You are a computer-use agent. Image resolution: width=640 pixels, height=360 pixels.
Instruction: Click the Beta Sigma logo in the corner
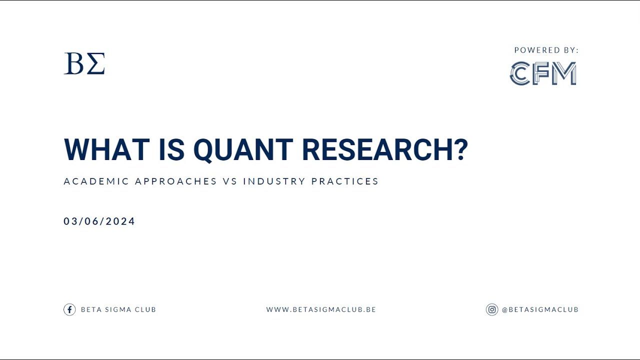tap(84, 64)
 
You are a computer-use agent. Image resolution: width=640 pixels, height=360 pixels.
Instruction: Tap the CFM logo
tap(543, 73)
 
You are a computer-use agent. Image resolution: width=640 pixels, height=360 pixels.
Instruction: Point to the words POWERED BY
tap(546, 50)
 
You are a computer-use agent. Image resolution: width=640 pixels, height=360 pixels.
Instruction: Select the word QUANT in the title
tap(243, 149)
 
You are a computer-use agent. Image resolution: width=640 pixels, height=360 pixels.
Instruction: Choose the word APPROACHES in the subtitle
tap(176, 181)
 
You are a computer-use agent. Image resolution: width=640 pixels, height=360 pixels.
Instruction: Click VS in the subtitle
tap(230, 181)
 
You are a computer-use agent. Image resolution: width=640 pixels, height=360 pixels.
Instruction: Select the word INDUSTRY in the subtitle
tap(274, 181)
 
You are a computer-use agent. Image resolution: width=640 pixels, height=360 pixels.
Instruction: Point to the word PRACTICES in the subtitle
tap(345, 181)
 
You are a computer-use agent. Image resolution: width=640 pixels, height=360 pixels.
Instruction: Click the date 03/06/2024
tap(99, 221)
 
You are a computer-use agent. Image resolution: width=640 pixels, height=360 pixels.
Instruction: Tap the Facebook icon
tap(69, 309)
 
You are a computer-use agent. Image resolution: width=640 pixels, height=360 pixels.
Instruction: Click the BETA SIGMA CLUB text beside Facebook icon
tap(118, 310)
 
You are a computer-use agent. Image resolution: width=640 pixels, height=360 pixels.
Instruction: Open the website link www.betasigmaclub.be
tap(321, 310)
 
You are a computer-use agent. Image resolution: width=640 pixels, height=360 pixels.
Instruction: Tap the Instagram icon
tap(492, 309)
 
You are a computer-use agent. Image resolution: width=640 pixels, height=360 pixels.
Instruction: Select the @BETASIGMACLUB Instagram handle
tap(540, 310)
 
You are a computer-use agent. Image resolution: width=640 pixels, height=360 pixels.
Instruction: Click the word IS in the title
tap(171, 149)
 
